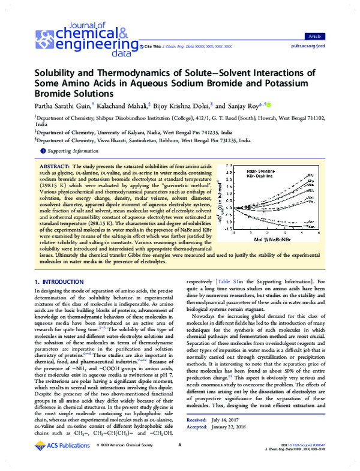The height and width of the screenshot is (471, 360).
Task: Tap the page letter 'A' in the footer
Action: [x=179, y=461]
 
